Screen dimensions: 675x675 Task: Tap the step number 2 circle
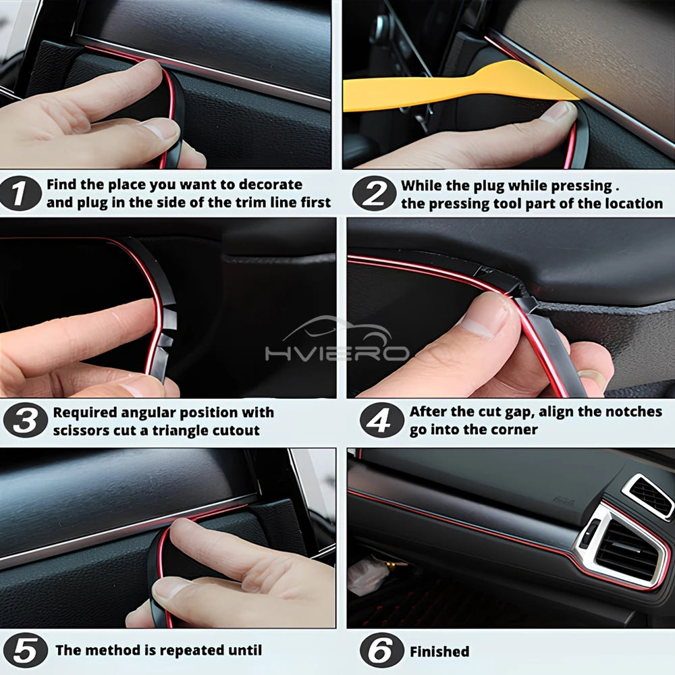pyautogui.click(x=374, y=194)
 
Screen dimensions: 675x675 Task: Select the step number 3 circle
pyautogui.click(x=25, y=421)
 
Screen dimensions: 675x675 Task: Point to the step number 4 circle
pyautogui.click(x=381, y=421)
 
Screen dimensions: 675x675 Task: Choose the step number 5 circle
pyautogui.click(x=25, y=651)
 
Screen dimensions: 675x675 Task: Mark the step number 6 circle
pyautogui.click(x=381, y=651)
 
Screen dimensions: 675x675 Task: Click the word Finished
pyautogui.click(x=439, y=651)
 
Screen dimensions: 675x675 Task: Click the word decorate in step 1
pyautogui.click(x=267, y=184)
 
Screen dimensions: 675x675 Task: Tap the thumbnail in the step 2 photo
pyautogui.click(x=558, y=111)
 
